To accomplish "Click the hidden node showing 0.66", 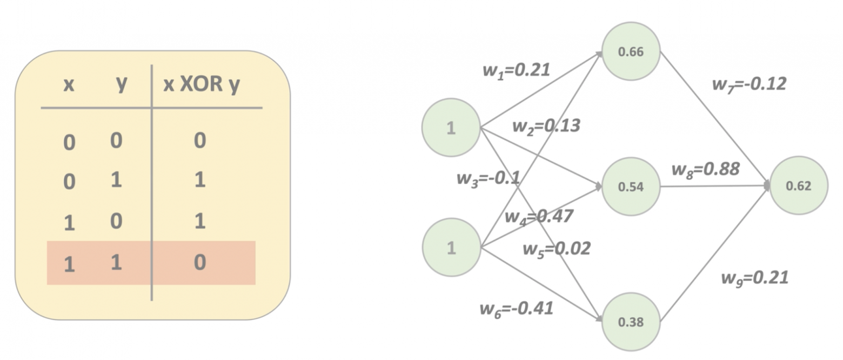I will (x=631, y=52).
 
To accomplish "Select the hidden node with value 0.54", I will (x=631, y=186).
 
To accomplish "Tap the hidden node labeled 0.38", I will (x=631, y=322).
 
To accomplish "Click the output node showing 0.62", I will (x=799, y=186).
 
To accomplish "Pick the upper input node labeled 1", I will (x=451, y=128).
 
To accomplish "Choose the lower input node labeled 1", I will (x=451, y=247).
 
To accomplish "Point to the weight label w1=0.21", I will (x=516, y=70).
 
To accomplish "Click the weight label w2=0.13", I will (x=546, y=125).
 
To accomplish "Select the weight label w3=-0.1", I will (x=488, y=178).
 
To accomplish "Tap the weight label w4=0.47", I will (x=538, y=216).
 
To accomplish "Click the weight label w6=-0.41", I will (x=516, y=309).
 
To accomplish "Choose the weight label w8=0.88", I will (x=705, y=169).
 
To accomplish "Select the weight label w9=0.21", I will (x=754, y=278).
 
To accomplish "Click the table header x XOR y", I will (x=201, y=85).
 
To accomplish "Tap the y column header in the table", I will (x=122, y=84).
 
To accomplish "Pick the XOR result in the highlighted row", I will (x=199, y=263).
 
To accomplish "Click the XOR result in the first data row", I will (x=199, y=141).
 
